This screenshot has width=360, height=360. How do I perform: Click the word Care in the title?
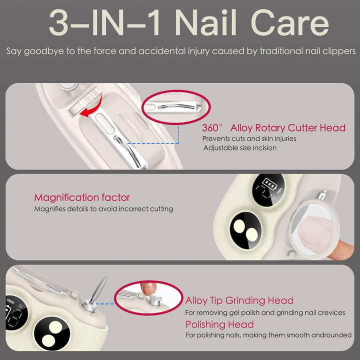point(290,22)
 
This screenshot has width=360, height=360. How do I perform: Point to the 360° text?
point(212,128)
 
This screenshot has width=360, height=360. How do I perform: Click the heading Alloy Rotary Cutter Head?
point(288,128)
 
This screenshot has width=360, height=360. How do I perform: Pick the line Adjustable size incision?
point(240,148)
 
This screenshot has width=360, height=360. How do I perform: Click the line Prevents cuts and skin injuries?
point(249,138)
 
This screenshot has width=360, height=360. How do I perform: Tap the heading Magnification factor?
point(82,197)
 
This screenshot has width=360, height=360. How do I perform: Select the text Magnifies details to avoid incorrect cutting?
point(103,209)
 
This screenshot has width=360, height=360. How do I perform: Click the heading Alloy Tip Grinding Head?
point(239,300)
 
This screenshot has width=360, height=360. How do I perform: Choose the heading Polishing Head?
point(219,324)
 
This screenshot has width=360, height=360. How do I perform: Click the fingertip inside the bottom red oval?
point(148,288)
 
